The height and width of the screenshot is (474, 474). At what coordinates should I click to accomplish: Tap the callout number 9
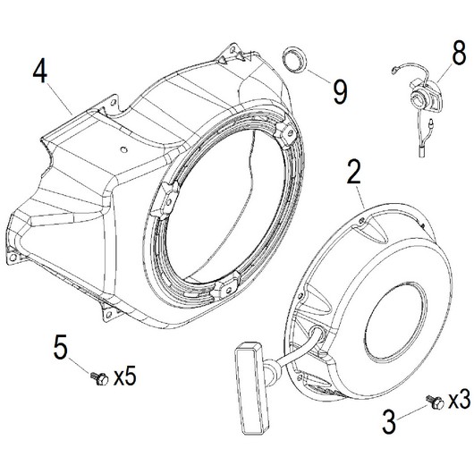coord(341,92)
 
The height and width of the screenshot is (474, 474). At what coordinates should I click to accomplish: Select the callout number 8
coord(459,54)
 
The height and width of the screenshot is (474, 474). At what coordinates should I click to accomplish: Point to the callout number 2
coord(354,172)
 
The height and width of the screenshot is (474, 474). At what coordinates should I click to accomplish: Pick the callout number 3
coord(389,422)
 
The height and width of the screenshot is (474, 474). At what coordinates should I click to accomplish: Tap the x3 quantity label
coord(459,399)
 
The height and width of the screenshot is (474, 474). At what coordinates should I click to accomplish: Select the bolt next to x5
coord(99,378)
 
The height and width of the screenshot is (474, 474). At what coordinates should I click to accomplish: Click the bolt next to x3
coord(435,402)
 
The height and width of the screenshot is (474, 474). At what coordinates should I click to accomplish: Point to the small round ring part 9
coord(294,60)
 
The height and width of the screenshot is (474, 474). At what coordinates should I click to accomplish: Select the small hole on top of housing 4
coord(123,149)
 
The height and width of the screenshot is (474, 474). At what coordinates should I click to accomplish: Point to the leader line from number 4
coord(60,99)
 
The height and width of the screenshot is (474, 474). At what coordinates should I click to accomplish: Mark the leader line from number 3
coord(411,412)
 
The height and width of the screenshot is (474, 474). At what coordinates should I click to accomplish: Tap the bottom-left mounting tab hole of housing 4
coord(13,258)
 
